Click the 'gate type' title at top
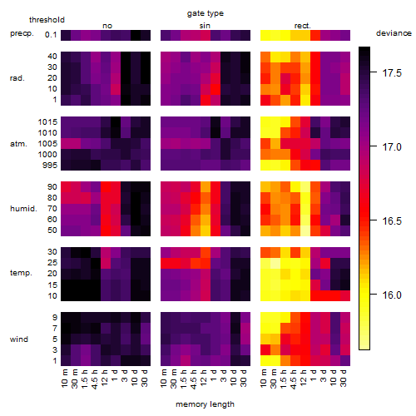click(206, 13)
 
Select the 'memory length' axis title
click(205, 404)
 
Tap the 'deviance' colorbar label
click(394, 33)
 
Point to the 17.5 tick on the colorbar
click(392, 73)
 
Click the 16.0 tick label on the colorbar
click(392, 295)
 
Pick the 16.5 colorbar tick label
click(392, 221)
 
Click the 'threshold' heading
click(47, 20)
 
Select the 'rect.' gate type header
click(302, 26)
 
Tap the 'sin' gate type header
click(205, 26)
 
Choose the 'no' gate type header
click(107, 26)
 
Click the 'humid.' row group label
click(23, 209)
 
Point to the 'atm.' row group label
click(18, 144)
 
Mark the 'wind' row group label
click(19, 339)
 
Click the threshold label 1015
click(47, 122)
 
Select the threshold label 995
click(50, 166)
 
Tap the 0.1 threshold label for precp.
click(51, 35)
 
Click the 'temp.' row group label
click(21, 273)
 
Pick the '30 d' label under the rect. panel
click(344, 378)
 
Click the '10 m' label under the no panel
click(64, 379)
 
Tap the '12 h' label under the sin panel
click(204, 378)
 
